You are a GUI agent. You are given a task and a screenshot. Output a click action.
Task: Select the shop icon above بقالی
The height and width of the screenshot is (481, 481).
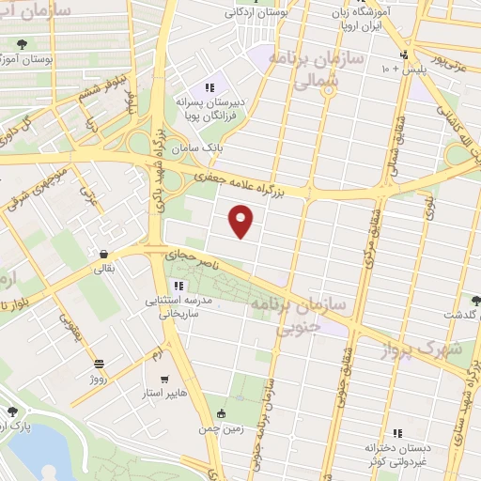(102, 254)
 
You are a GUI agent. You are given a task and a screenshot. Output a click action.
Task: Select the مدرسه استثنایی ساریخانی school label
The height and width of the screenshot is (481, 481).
(172, 309)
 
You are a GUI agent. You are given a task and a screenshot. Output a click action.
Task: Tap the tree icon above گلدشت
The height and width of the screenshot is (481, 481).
(475, 300)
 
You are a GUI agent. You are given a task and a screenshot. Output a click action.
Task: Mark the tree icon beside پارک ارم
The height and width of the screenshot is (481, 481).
(13, 411)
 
